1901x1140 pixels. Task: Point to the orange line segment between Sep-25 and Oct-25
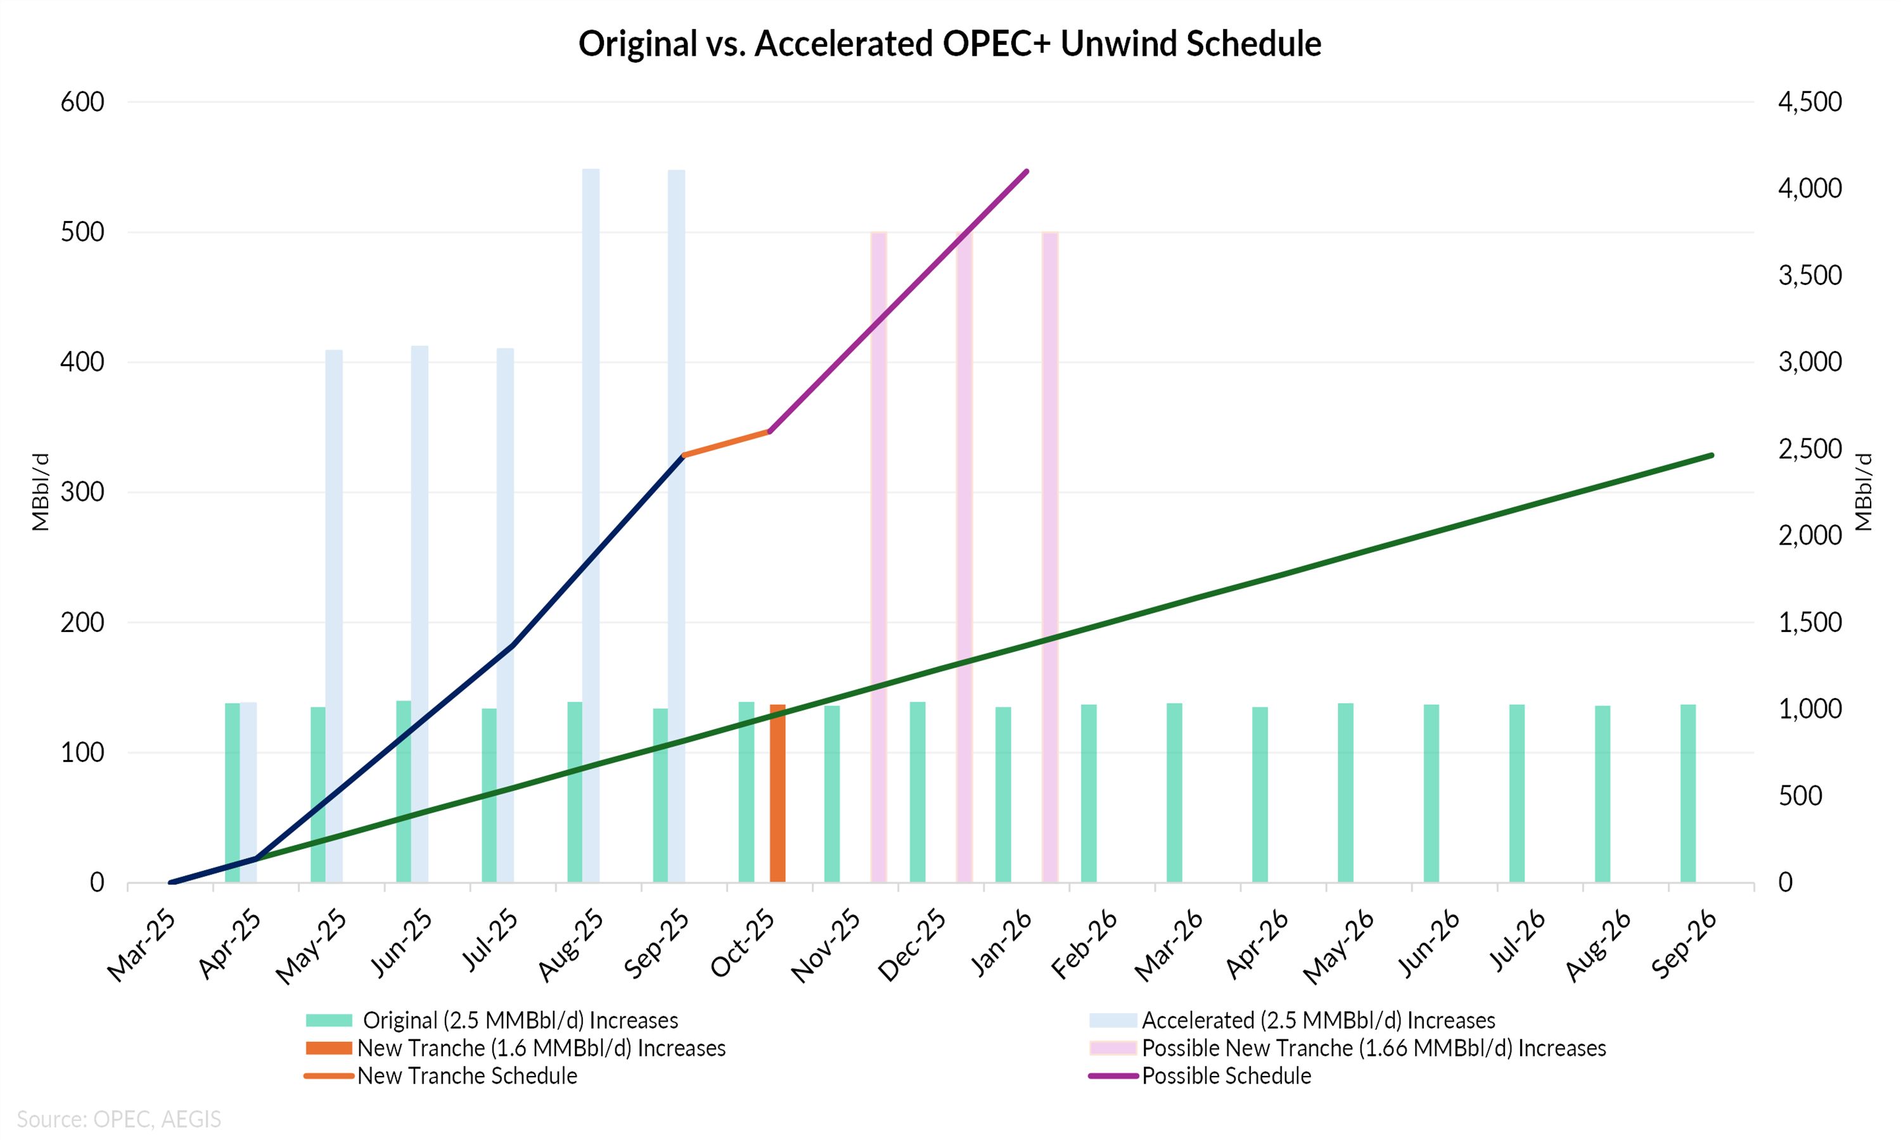[x=726, y=443]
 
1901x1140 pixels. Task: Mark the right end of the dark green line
[x=1711, y=455]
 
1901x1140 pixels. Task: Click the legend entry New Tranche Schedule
[x=467, y=1075]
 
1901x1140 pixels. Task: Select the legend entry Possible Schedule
[x=1226, y=1075]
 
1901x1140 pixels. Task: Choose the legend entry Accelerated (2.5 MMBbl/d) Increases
[x=1318, y=1020]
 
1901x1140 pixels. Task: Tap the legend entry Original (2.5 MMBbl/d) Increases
[x=520, y=1020]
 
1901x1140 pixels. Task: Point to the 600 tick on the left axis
[x=82, y=101]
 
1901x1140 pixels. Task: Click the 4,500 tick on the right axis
[x=1810, y=101]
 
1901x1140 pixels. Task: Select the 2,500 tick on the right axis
[x=1810, y=448]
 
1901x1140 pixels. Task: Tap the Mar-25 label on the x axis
[x=142, y=946]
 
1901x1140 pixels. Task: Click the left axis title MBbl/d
[x=40, y=491]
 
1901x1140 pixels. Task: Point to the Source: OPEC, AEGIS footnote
[x=119, y=1119]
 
